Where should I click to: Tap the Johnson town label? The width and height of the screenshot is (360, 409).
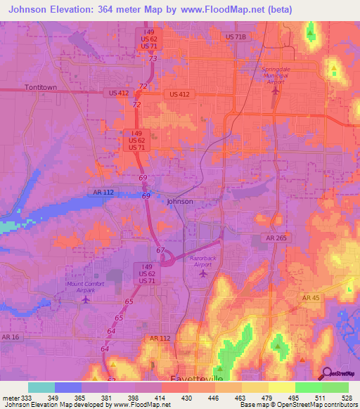pyautogui.click(x=179, y=202)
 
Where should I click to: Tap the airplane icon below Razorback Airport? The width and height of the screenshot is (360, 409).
pyautogui.click(x=204, y=272)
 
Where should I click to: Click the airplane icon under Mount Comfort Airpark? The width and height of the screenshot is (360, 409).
pyautogui.click(x=86, y=300)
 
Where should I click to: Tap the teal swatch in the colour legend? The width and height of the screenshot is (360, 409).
pyautogui.click(x=41, y=387)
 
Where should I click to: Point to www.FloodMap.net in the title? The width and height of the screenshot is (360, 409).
pyautogui.click(x=230, y=9)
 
